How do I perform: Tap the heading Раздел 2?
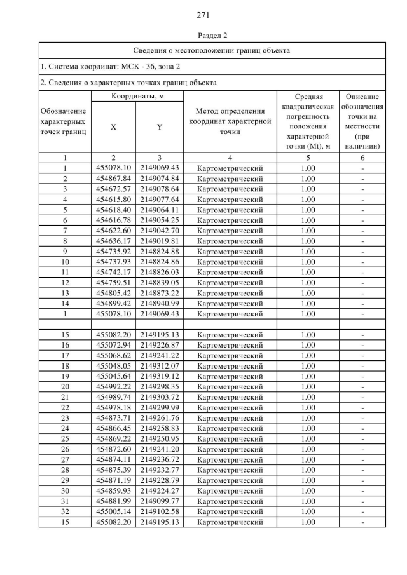[x=203, y=35]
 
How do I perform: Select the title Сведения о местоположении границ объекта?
[x=212, y=50]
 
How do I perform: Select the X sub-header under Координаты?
[x=113, y=126]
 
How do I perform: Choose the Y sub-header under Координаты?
[x=159, y=126]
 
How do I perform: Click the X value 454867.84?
[x=113, y=179]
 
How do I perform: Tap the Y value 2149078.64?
[x=159, y=189]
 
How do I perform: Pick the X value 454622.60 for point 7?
[x=113, y=230]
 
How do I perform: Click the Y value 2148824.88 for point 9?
[x=159, y=251]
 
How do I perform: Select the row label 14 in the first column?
[x=65, y=303]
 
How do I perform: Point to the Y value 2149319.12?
[x=159, y=375]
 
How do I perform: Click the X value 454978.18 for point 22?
[x=113, y=407]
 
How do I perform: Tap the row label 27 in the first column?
[x=65, y=459]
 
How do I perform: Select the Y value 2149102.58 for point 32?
[x=159, y=511]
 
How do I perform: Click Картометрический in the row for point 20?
[x=230, y=386]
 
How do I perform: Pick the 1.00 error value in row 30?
[x=308, y=490]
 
